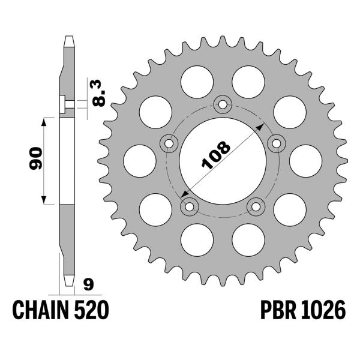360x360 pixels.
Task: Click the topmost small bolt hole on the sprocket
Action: tap(223, 106)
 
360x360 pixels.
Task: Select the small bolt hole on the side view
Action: tap(64, 104)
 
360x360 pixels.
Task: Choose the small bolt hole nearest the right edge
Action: tap(277, 143)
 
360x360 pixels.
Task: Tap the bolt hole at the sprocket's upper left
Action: tap(169, 143)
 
